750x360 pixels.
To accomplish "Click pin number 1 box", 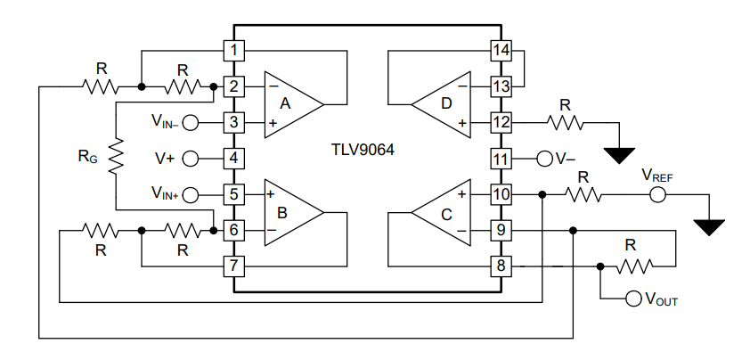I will point(232,51).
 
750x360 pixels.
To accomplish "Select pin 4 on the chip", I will point(232,159).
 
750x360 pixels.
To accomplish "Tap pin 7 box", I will point(232,266).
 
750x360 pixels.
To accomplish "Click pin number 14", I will point(501,51).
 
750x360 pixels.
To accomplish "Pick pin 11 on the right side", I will point(501,159).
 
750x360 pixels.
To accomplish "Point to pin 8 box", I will point(501,266).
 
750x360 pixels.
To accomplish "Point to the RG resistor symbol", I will point(116,157).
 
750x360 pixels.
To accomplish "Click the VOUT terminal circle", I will point(633,299).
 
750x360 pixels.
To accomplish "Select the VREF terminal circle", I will point(657,194).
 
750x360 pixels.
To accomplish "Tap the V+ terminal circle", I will point(190,159).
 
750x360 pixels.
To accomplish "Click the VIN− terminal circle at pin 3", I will point(190,122).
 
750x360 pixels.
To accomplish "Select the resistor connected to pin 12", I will point(564,122).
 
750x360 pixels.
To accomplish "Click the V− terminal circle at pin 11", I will point(544,159).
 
